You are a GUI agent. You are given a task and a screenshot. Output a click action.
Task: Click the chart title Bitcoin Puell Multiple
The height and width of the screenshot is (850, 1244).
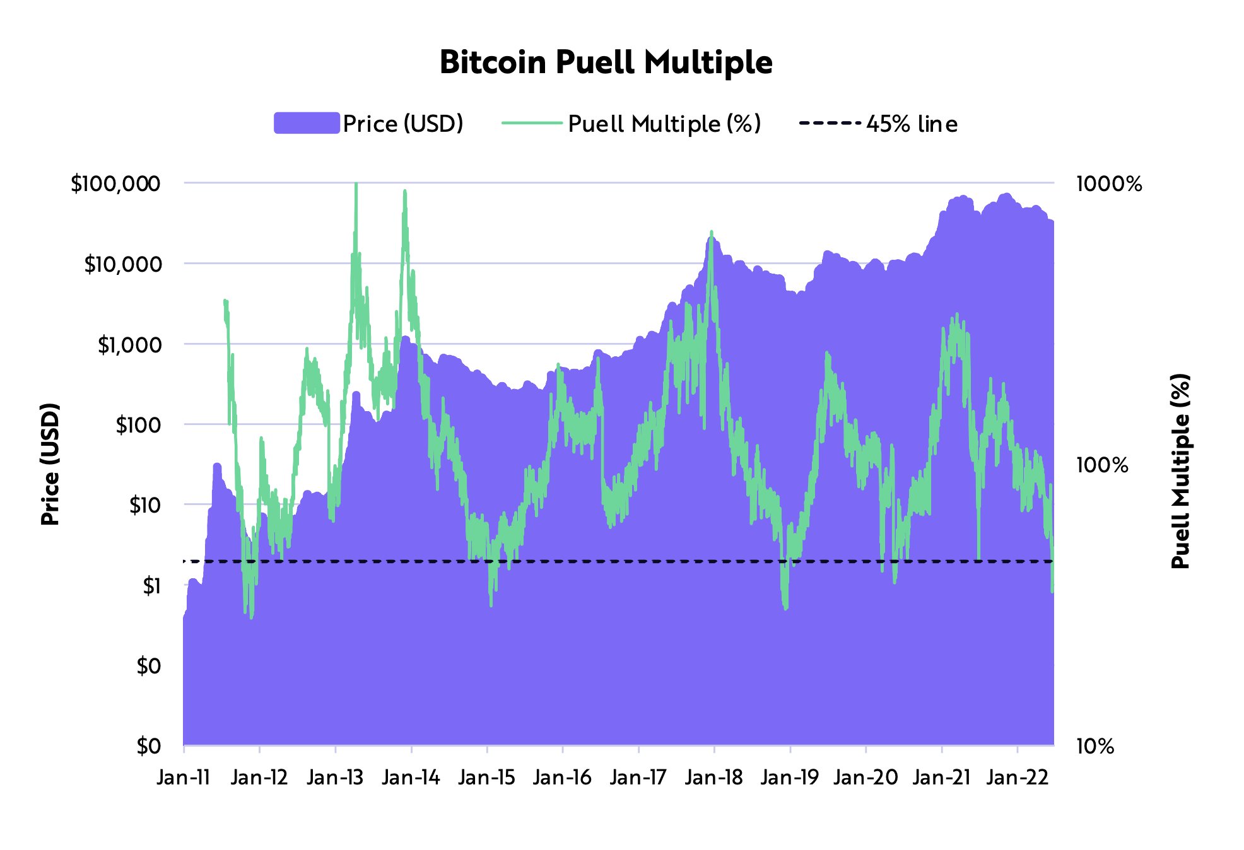coord(606,62)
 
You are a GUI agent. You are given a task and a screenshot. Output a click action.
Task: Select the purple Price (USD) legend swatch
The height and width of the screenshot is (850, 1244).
coord(307,123)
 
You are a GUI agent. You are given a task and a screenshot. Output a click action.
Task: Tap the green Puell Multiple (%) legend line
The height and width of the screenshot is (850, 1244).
coord(532,123)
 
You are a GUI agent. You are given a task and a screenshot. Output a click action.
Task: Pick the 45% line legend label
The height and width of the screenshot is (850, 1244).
coord(912,124)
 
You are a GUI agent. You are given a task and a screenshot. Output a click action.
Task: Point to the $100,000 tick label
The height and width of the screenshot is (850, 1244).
coord(115,184)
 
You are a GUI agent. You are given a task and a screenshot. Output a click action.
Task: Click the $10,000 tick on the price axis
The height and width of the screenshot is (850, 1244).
coord(123,264)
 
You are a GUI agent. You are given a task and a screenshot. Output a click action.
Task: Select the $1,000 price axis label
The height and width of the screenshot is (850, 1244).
coord(129,345)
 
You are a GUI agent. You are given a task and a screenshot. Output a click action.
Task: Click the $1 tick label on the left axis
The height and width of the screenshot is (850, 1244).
coord(151,586)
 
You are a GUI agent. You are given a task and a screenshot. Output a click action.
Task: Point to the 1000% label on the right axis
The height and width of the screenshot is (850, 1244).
coord(1109,184)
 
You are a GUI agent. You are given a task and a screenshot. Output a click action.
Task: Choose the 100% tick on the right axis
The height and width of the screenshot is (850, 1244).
coord(1102,465)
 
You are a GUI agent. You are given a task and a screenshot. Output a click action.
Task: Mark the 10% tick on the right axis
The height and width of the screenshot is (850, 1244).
coord(1095,747)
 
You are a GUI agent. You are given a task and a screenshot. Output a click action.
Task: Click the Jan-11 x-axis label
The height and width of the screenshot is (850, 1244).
coord(184,777)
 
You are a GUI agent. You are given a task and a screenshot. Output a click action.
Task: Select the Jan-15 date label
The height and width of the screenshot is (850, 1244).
coord(487,777)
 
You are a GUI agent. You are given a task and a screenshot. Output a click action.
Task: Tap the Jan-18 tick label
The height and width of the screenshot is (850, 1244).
coord(714,777)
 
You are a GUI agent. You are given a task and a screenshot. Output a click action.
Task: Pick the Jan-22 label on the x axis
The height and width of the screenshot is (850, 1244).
coord(1017,777)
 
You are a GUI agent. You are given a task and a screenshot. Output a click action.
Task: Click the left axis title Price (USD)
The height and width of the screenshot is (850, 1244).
coord(50,464)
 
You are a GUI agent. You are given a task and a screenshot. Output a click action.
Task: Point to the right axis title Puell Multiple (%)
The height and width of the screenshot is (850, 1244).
coord(1180,471)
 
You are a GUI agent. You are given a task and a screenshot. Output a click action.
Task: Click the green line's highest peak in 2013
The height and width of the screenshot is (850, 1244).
coord(356,185)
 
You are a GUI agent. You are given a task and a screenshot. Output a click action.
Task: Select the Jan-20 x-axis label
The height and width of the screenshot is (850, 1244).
coord(866,777)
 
